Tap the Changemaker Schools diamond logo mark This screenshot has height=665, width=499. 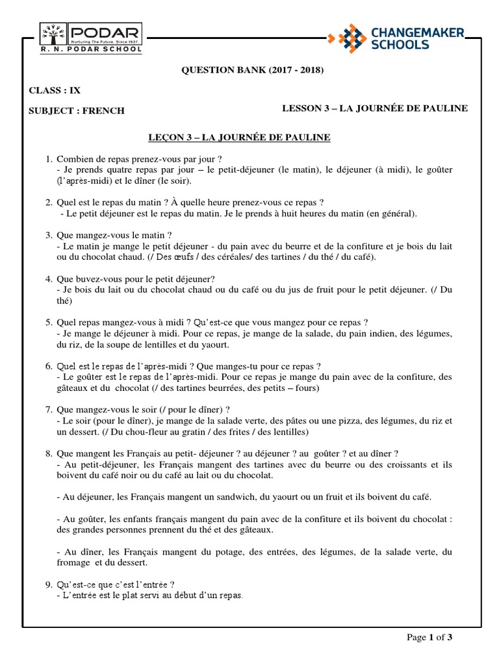pos(347,37)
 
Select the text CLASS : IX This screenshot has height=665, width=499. pos(55,90)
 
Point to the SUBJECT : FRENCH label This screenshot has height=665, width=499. pos(77,110)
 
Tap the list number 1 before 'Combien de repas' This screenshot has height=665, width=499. pos(48,159)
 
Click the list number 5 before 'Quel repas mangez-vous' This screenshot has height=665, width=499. pos(48,321)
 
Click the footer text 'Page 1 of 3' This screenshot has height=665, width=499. pos(429,637)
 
